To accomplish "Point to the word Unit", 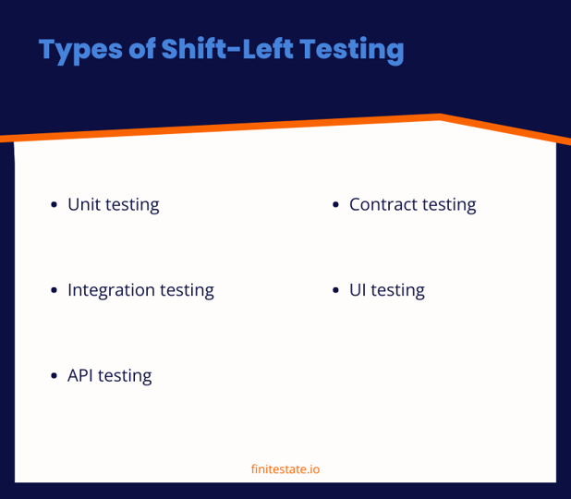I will [84, 204].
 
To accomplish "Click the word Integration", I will [111, 290].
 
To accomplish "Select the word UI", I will [357, 290].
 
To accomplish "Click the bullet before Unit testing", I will [55, 205].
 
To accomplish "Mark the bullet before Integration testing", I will [55, 291].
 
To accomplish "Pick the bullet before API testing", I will [55, 376].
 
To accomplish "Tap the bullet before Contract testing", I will [336, 205].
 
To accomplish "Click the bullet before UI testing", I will [336, 291].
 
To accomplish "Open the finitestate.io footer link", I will [285, 469].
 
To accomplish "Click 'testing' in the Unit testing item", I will [132, 205].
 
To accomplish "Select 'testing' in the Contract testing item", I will [448, 205].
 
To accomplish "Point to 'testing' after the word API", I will [125, 376].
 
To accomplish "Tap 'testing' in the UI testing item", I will [397, 291].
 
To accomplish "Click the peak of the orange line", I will [441, 117].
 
